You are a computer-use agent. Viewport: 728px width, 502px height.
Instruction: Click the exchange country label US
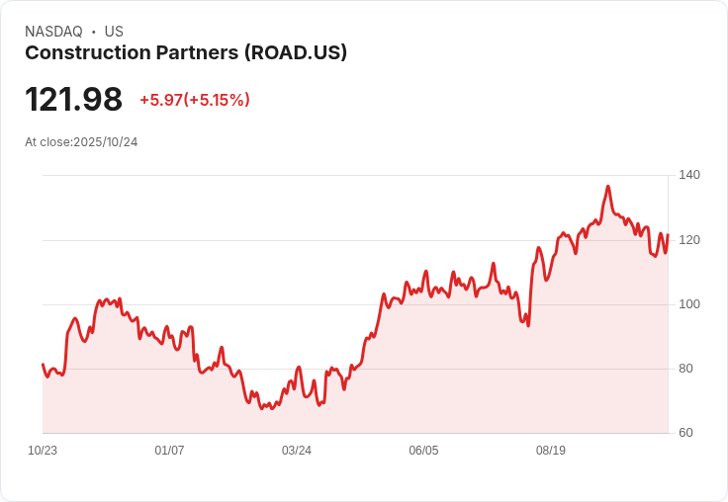coord(114,32)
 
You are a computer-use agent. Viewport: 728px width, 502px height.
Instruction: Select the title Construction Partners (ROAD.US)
coord(186,53)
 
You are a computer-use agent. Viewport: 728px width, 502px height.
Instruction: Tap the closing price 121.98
coord(74,100)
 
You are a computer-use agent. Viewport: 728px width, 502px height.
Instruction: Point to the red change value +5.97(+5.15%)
coord(195,100)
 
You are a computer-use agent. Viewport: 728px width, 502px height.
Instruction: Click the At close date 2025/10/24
coord(105,142)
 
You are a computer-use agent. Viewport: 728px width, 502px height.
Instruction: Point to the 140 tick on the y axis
coord(689,175)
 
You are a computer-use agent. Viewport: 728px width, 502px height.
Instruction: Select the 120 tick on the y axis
coord(689,240)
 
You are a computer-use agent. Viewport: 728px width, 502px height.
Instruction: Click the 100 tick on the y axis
coord(689,304)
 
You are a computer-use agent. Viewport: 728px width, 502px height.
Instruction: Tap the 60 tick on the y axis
coord(686,433)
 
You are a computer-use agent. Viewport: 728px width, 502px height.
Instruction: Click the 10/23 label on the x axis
coord(43,451)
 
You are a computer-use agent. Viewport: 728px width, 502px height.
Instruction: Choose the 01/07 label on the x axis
coord(169,451)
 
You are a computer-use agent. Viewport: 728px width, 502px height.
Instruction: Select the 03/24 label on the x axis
coord(297,451)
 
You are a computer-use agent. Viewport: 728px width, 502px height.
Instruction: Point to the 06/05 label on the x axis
coord(423,451)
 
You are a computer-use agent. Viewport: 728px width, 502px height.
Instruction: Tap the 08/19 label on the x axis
coord(551,451)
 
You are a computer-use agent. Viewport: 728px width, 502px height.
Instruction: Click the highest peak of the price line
coord(608,186)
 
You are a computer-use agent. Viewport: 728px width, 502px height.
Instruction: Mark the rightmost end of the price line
coord(668,235)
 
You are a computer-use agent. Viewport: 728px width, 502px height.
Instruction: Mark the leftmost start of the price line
coord(43,365)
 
